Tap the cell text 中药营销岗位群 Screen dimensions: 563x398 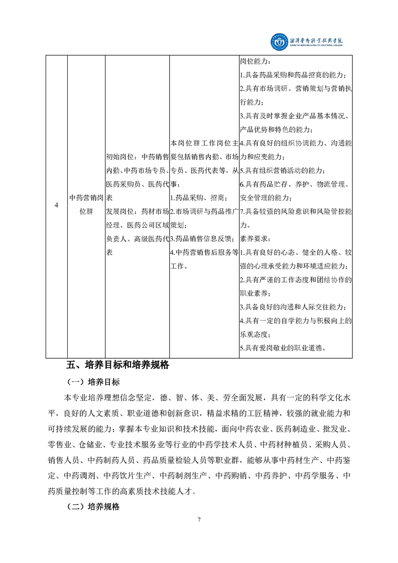86,204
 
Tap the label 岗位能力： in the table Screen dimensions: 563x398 255,62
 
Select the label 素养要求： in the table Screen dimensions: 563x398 255,239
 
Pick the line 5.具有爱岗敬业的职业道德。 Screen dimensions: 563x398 286,347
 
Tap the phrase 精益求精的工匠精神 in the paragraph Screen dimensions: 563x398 242,414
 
